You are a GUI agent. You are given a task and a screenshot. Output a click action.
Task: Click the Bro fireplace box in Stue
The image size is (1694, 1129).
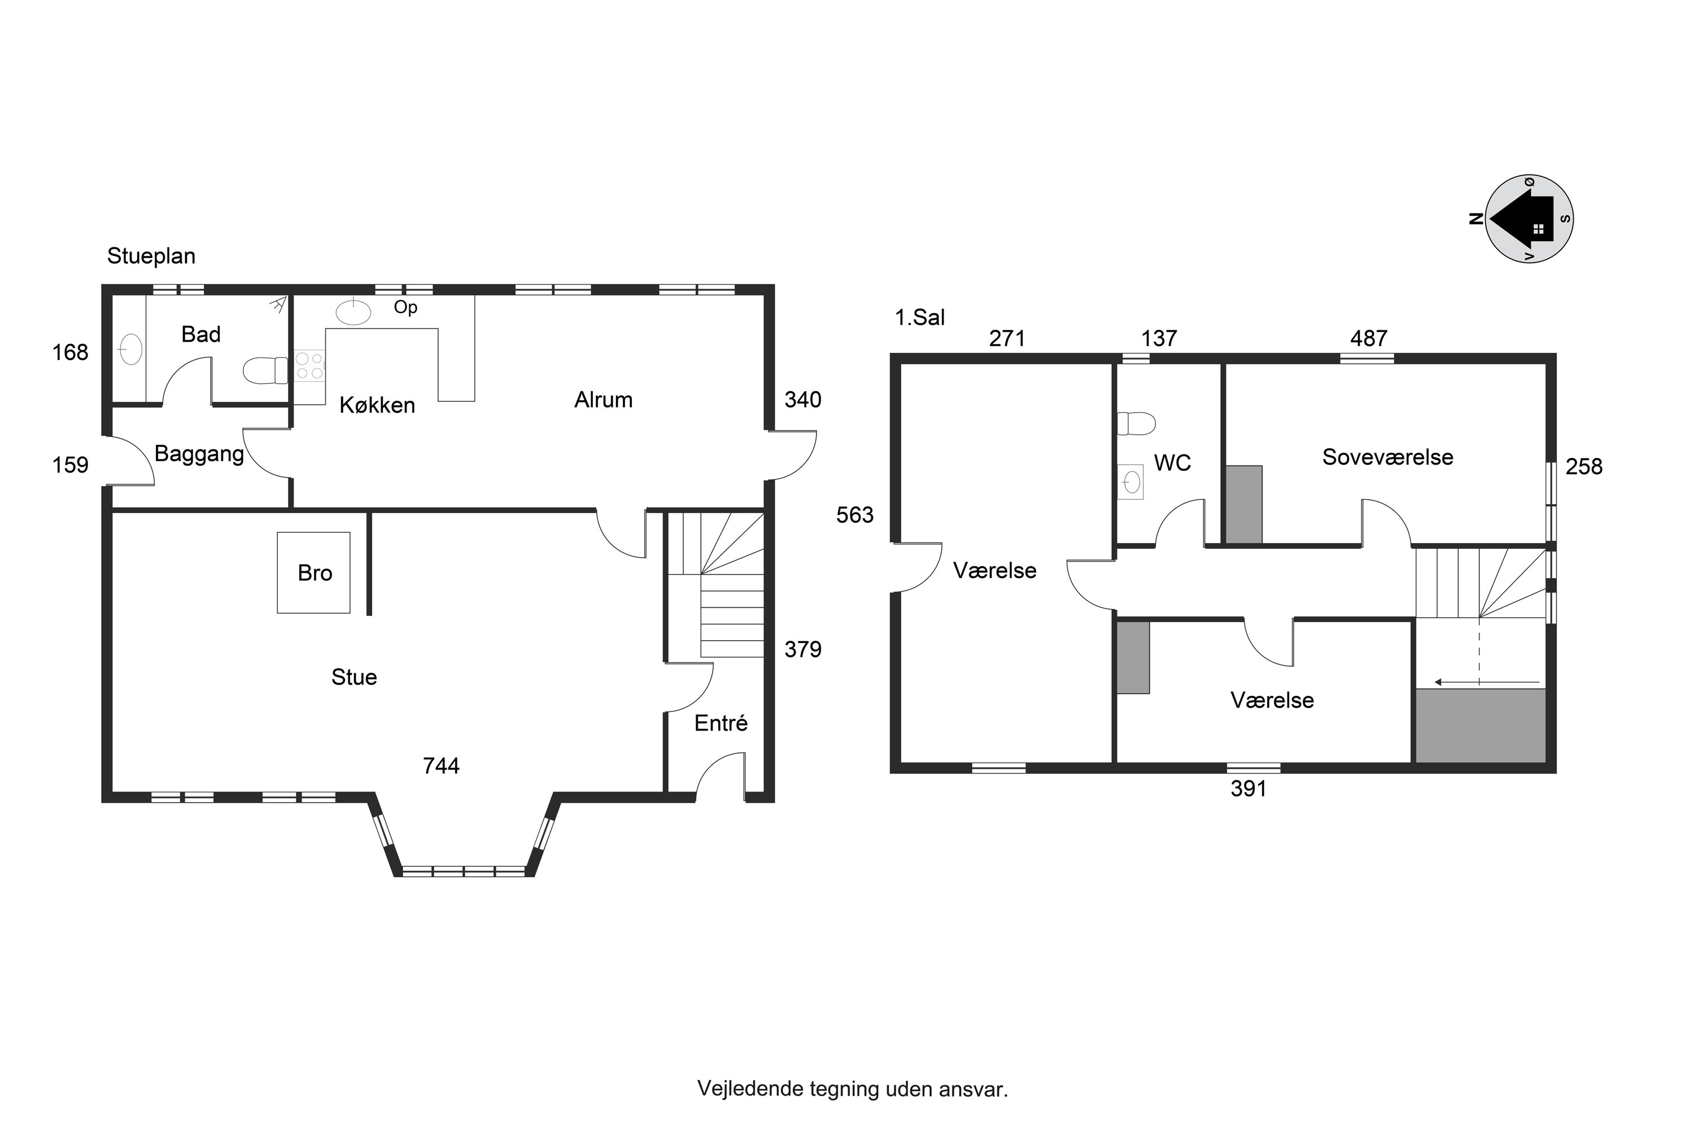click(x=314, y=573)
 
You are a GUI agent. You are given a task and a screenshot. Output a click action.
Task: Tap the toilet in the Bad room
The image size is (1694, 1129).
click(x=266, y=371)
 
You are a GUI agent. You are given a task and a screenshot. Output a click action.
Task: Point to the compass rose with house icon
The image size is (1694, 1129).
click(x=1529, y=219)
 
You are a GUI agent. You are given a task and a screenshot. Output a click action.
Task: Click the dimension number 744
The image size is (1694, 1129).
click(x=441, y=765)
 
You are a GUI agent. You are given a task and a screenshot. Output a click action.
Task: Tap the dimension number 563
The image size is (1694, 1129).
click(x=855, y=515)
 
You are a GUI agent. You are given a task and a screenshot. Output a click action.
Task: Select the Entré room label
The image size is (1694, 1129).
click(x=721, y=723)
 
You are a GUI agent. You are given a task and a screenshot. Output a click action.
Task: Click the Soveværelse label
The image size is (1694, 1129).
click(x=1387, y=457)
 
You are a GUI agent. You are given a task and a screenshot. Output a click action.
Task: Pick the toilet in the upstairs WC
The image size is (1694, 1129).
click(x=1136, y=423)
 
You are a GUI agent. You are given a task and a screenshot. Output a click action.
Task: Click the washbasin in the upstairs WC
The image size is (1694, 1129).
click(x=1131, y=482)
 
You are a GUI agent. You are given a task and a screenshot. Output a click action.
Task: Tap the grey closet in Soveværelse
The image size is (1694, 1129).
click(x=1244, y=505)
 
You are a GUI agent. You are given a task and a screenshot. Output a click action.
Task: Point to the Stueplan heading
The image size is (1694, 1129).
click(x=151, y=256)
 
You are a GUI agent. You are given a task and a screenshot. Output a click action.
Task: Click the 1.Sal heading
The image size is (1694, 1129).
click(x=920, y=317)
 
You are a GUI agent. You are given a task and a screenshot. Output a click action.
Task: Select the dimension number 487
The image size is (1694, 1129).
click(x=1368, y=338)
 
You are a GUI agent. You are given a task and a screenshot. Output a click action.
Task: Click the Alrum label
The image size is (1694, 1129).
click(x=604, y=400)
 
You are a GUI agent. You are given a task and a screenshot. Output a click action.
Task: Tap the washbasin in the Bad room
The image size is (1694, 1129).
click(x=131, y=349)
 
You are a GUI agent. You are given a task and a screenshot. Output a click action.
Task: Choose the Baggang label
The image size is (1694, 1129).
click(x=199, y=454)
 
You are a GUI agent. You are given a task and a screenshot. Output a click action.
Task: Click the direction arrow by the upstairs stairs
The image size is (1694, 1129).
click(x=1487, y=682)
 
